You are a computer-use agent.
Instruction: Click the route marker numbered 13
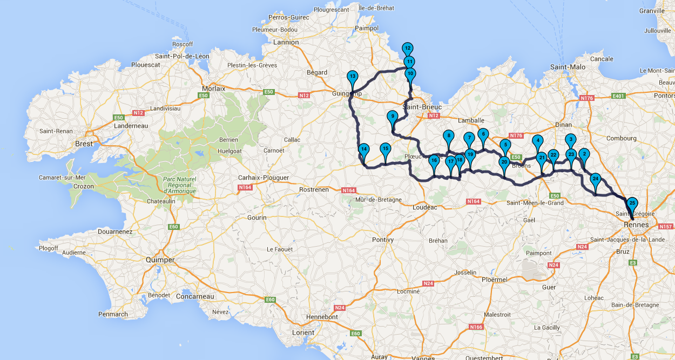click(x=352, y=77)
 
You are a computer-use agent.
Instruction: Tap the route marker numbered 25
click(x=632, y=203)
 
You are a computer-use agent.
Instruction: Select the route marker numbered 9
click(x=393, y=116)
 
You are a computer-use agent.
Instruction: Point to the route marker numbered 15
click(x=385, y=148)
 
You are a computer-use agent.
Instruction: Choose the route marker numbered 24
click(x=595, y=179)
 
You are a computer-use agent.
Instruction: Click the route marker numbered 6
click(x=483, y=134)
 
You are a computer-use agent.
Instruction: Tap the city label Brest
click(x=84, y=144)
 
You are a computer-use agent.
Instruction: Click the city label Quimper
click(x=160, y=260)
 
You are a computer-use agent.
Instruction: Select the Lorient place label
click(x=302, y=332)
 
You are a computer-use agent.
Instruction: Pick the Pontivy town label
click(x=383, y=239)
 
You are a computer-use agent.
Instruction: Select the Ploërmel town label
click(x=493, y=280)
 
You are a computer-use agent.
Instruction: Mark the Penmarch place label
click(x=113, y=314)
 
